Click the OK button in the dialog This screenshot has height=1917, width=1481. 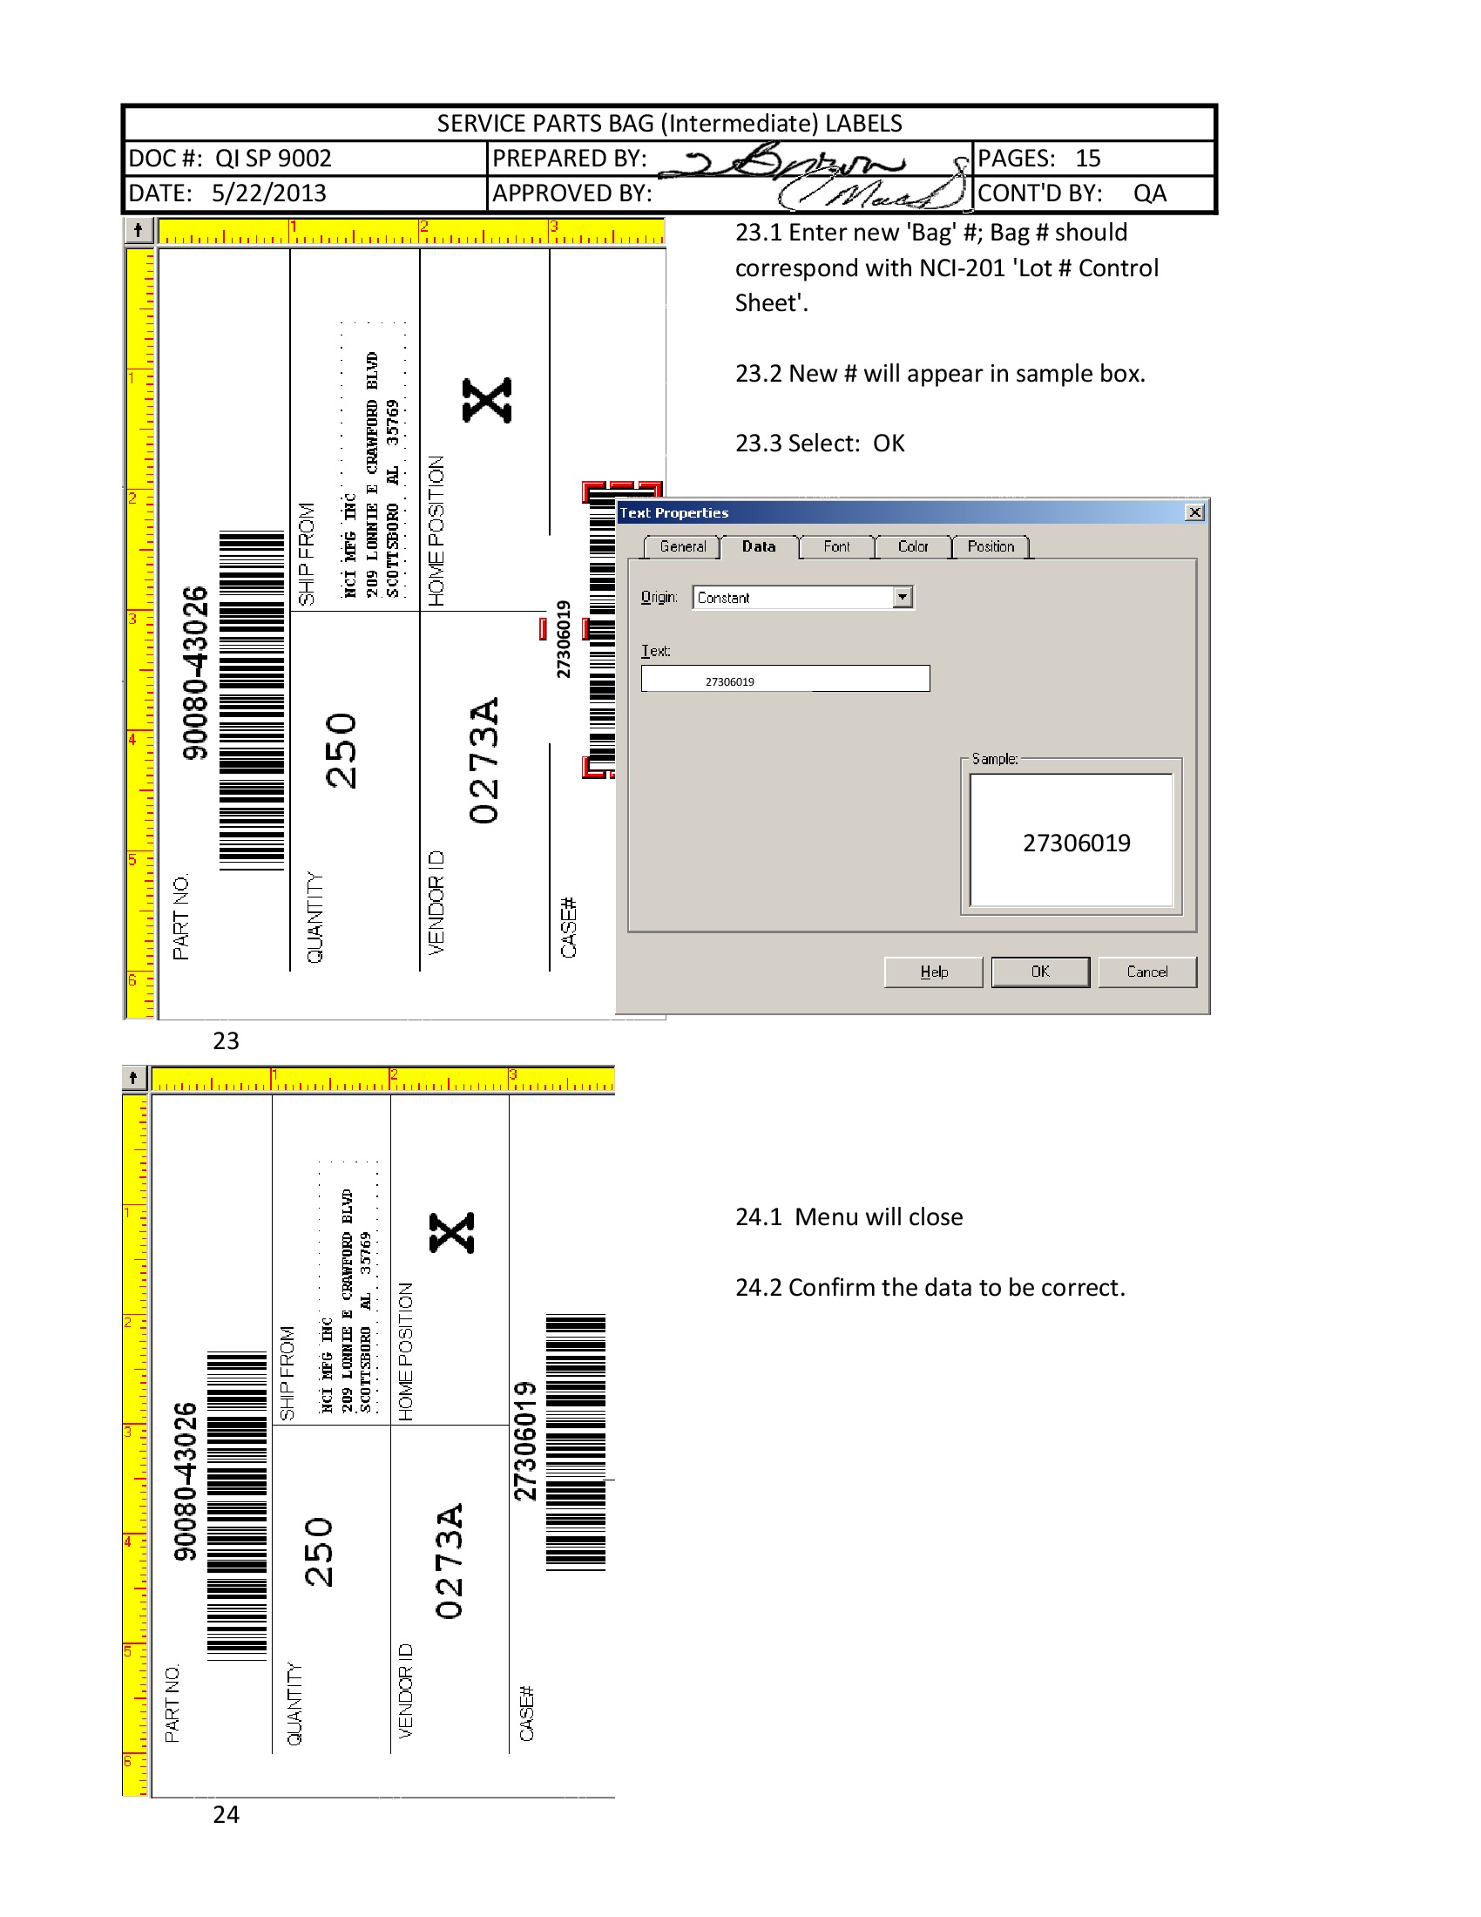coord(1039,972)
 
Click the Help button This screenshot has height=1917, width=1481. coord(934,972)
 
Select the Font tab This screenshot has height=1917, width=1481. coord(836,547)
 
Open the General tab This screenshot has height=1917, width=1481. coord(682,547)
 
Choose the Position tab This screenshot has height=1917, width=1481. coord(991,547)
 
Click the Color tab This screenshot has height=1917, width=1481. coord(912,547)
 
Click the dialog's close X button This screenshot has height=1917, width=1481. coord(1194,512)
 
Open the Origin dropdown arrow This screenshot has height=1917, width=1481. coord(903,597)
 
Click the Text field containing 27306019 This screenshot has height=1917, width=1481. coord(784,680)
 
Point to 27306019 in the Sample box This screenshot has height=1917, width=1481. coord(1077,843)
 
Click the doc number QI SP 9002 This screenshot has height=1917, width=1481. coord(273,159)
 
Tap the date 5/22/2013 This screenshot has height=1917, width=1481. coord(268,193)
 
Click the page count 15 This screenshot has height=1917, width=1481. coord(1088,159)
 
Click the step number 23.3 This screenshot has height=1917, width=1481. coord(758,444)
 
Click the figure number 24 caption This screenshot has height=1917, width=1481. coord(226,1814)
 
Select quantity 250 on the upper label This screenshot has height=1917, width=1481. coord(341,750)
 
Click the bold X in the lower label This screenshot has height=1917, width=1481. coord(452,1232)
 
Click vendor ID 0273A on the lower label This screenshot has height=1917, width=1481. coord(449,1561)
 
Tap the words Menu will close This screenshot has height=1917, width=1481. coord(878,1216)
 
